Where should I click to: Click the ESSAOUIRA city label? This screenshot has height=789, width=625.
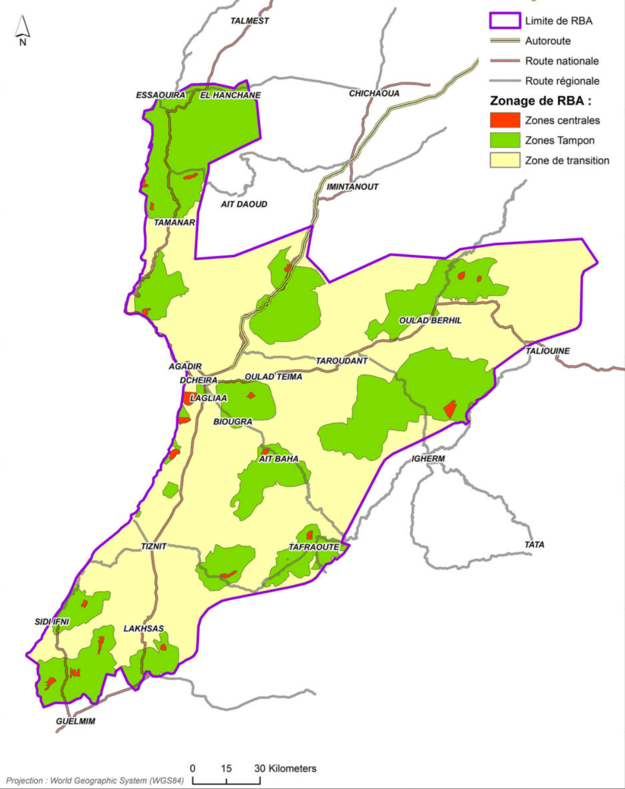161,95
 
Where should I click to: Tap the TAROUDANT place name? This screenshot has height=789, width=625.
341,361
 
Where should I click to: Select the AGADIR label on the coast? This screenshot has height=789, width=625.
185,366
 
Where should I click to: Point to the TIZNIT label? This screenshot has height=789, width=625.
153,546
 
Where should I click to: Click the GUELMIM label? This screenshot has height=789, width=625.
75,721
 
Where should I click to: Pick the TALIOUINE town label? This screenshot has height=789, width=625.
547,351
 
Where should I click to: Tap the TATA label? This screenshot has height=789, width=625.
534,545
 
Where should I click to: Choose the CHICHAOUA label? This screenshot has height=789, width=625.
374,94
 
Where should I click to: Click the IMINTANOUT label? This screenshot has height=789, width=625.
353,187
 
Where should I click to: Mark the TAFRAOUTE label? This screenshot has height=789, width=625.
314,547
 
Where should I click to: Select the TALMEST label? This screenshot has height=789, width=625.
250,21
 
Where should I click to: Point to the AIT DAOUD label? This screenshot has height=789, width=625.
244,204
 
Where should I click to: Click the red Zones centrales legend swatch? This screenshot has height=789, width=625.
505,120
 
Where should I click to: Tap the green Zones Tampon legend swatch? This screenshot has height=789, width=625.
505,140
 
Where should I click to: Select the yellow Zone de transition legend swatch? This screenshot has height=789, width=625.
505,160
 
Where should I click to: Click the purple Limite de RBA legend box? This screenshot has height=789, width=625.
505,21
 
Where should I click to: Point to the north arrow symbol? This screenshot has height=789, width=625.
23,30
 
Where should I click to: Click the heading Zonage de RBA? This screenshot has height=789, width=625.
540,101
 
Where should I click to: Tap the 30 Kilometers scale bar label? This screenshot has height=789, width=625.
285,769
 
